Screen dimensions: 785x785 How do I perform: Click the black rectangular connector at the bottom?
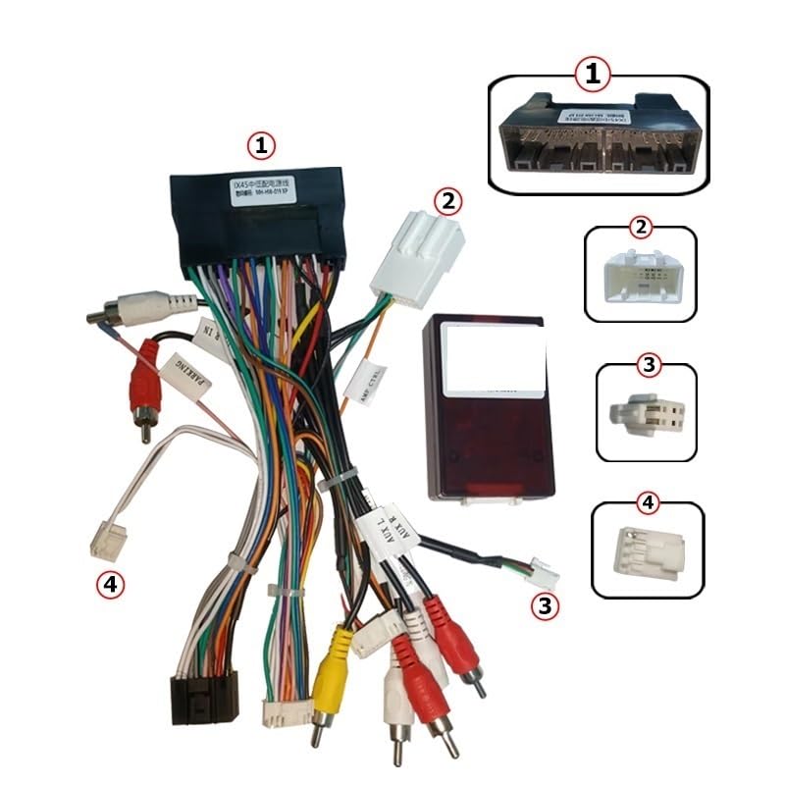pyautogui.click(x=204, y=699)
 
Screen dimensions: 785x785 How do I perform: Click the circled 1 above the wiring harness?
pyautogui.click(x=260, y=146)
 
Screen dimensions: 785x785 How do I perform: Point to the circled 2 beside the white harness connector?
pyautogui.click(x=446, y=201)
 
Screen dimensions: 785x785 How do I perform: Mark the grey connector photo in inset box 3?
pyautogui.click(x=643, y=414)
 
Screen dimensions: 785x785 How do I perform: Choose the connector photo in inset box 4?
pyautogui.click(x=644, y=551)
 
